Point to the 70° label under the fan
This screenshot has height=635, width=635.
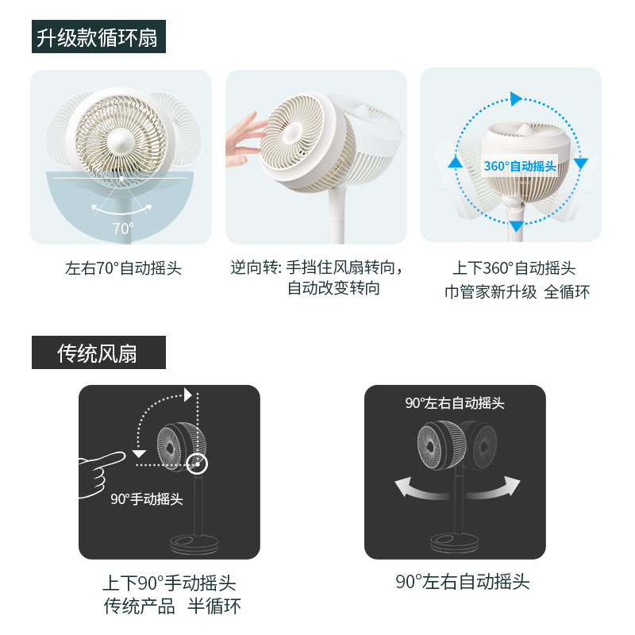tap(123, 229)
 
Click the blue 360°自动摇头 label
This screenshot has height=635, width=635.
tap(520, 166)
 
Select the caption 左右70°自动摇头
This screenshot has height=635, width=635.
tap(123, 268)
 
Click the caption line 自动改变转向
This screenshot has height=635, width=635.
tap(333, 288)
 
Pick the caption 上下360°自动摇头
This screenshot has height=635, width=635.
tap(514, 268)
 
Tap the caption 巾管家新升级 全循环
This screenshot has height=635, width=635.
tap(517, 292)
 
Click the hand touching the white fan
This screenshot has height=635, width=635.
tap(243, 140)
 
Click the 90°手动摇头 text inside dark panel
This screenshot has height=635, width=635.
tap(147, 499)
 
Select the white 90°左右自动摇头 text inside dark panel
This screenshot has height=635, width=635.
tap(455, 403)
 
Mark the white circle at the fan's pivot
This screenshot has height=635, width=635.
tap(197, 464)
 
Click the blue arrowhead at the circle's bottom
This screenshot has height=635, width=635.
tap(516, 225)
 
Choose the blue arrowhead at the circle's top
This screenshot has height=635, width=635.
tap(515, 98)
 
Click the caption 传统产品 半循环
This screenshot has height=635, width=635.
tap(172, 606)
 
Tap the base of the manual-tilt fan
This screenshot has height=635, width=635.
tap(194, 545)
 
